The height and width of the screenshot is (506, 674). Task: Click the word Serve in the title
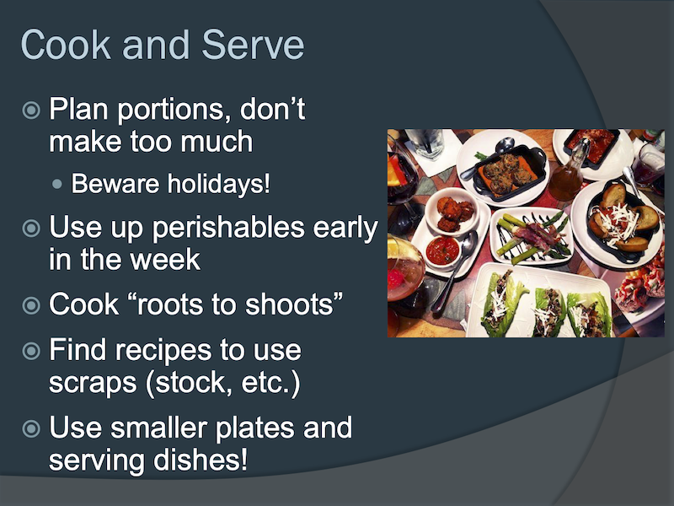[x=253, y=45]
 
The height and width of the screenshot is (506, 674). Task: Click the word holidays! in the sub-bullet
[x=219, y=184]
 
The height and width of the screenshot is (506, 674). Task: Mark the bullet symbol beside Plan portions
[x=31, y=110]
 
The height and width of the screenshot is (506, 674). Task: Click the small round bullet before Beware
[x=56, y=185]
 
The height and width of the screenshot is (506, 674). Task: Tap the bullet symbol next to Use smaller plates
[x=31, y=428]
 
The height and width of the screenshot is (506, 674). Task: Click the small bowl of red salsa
[x=443, y=250]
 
